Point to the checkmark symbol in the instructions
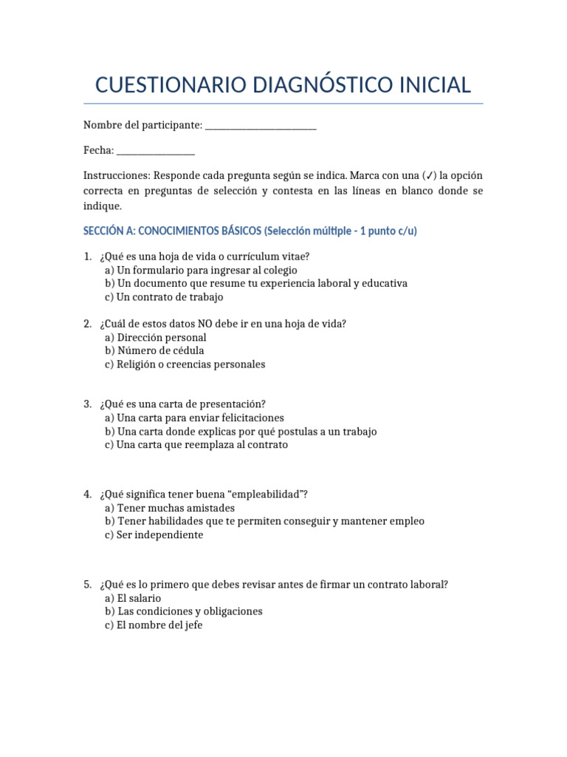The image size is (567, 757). [429, 176]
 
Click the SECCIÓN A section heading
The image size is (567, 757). [250, 231]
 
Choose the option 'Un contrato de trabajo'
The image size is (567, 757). [164, 297]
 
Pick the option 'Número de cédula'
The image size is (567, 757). [154, 350]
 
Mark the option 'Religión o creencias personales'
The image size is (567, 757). [185, 364]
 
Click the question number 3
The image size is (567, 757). [87, 404]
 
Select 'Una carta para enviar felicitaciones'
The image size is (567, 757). [194, 418]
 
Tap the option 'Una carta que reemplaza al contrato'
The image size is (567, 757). [196, 445]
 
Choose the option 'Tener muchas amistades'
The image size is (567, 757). [170, 508]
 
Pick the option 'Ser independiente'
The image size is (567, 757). [154, 534]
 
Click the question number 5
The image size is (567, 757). [87, 585]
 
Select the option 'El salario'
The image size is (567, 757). [133, 598]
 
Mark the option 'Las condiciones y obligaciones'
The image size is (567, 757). [184, 611]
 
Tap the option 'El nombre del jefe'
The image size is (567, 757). [154, 625]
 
